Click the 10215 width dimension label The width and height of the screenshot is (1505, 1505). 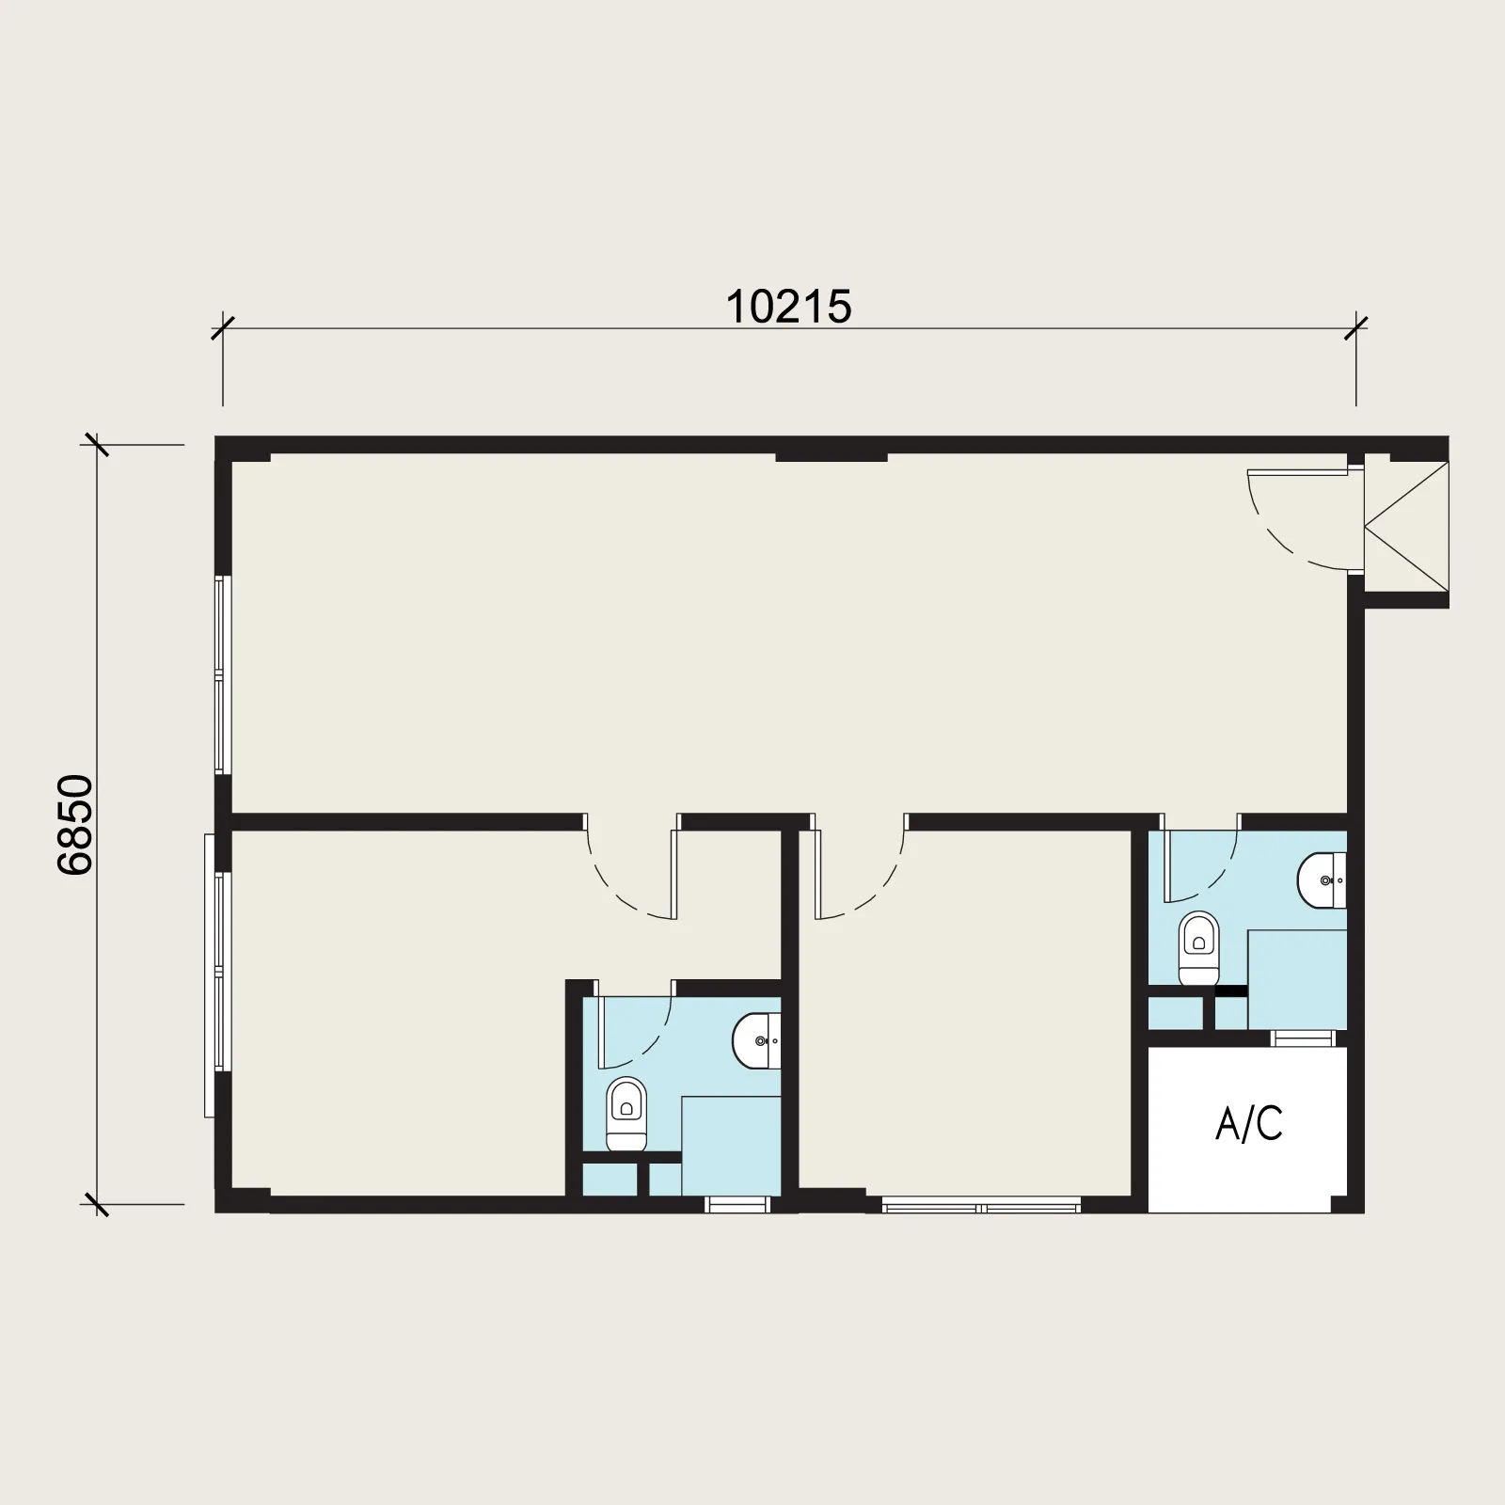coord(788,307)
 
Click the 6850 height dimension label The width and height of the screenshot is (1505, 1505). coord(75,825)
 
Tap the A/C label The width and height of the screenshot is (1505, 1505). coord(1249,1123)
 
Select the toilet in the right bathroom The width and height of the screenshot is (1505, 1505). coord(1198,948)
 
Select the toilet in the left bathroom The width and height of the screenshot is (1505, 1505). coord(626,1115)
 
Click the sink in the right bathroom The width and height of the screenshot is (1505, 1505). coord(1323,881)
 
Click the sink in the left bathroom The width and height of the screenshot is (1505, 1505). coord(757,1041)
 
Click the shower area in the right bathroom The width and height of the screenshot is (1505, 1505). coord(1297,979)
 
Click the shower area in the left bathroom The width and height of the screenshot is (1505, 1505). coord(731,1146)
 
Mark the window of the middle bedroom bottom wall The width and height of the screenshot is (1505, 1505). coord(981,1205)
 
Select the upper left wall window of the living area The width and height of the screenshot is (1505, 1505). coord(223,675)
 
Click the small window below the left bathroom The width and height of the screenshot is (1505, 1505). coord(737,1205)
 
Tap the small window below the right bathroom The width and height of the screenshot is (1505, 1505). coord(1303,1038)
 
